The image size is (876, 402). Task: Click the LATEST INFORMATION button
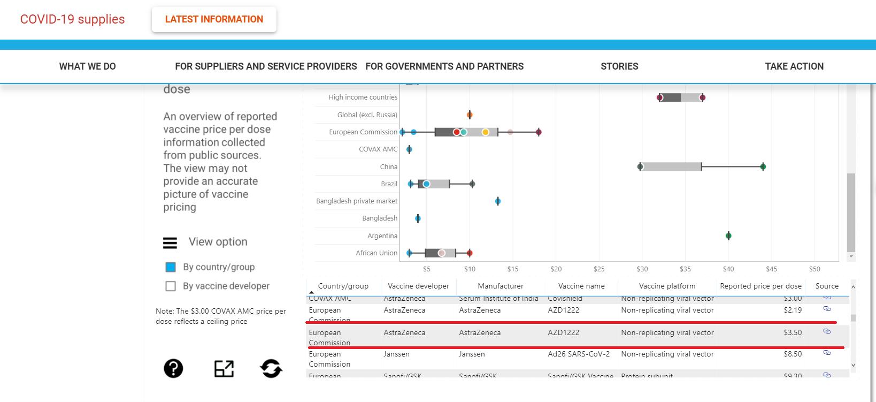click(x=214, y=20)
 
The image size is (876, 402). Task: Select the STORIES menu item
click(x=619, y=66)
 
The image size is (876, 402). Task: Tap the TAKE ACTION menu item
click(x=794, y=66)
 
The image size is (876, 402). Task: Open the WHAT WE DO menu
click(x=87, y=66)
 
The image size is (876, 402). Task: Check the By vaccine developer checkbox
click(x=171, y=286)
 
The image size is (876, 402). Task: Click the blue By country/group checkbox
click(x=171, y=267)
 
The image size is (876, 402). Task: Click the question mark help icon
click(x=173, y=368)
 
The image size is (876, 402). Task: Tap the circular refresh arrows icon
click(x=271, y=368)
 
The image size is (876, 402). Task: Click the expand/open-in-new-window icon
click(x=224, y=368)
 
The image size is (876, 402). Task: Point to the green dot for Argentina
click(x=728, y=236)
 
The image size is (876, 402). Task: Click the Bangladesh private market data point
click(x=498, y=201)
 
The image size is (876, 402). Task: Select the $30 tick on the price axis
click(x=642, y=269)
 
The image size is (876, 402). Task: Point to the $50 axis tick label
click(x=814, y=269)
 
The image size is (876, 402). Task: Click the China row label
click(x=389, y=167)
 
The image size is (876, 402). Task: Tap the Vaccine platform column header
click(x=667, y=286)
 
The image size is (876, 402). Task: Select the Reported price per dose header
click(x=760, y=286)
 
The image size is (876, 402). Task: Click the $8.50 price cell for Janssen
click(x=793, y=354)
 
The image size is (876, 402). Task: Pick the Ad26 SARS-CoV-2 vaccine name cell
click(x=579, y=354)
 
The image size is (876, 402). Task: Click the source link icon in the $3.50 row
click(x=827, y=331)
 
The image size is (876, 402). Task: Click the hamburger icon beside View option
click(x=170, y=243)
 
